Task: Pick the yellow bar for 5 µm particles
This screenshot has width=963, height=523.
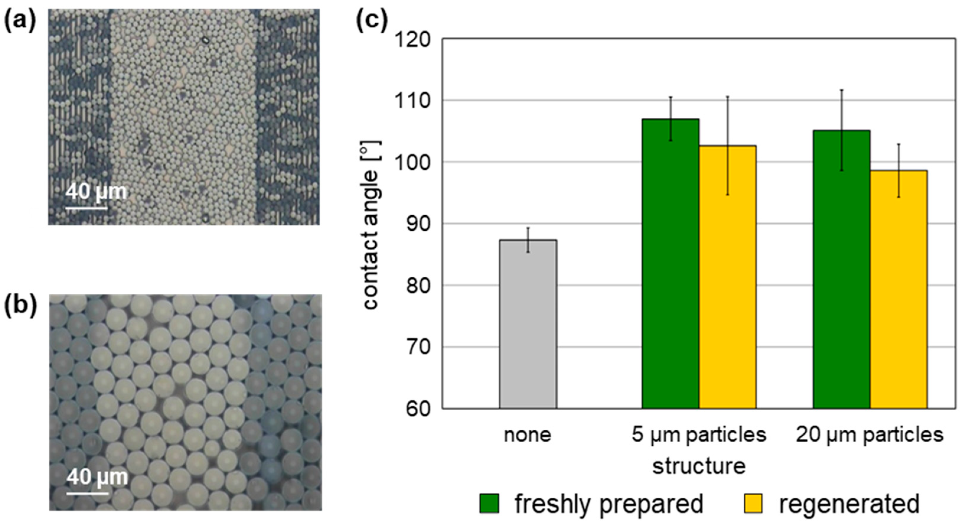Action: point(727,277)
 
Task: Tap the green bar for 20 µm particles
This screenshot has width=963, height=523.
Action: point(841,269)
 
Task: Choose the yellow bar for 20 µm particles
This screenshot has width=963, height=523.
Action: point(898,289)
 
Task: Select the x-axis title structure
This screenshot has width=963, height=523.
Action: point(699,467)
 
